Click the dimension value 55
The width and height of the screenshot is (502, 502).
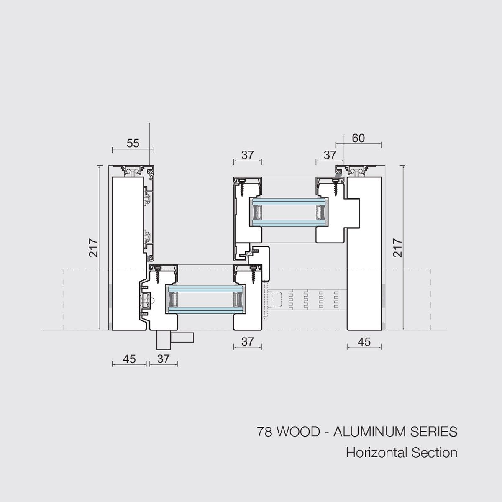click(133, 143)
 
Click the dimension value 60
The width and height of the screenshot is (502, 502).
click(358, 138)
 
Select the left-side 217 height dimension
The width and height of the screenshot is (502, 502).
click(93, 248)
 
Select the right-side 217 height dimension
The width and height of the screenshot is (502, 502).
click(397, 248)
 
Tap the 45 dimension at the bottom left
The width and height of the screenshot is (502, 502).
click(129, 359)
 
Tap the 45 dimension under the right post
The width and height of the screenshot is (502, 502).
click(364, 342)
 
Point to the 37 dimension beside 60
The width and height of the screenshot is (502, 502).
click(330, 155)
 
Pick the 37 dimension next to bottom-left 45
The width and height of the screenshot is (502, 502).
click(163, 359)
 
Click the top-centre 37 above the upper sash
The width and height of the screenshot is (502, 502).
click(248, 155)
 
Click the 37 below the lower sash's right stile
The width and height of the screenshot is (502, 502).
click(248, 342)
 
